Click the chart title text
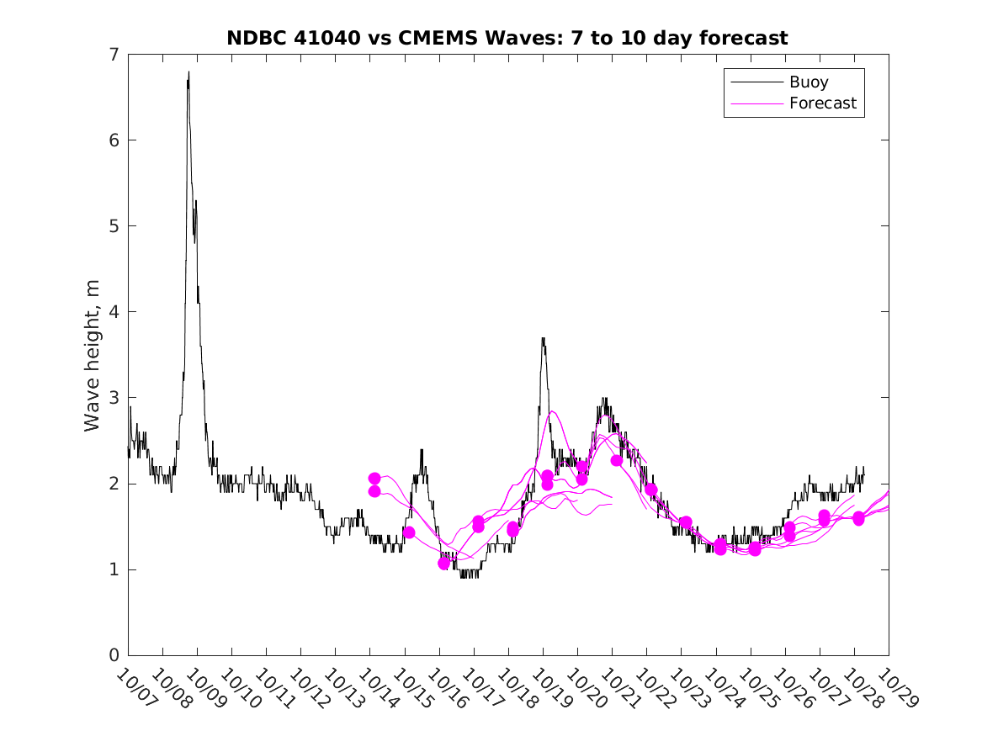(x=507, y=38)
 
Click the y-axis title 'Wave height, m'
(x=93, y=356)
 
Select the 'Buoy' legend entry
(x=808, y=82)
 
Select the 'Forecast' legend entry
(x=822, y=103)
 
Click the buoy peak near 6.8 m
(x=188, y=73)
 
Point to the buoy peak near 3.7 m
(x=544, y=339)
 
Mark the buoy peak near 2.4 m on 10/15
(x=422, y=451)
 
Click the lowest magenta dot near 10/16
(x=444, y=564)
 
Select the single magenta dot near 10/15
(x=409, y=532)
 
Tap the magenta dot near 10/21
(x=617, y=460)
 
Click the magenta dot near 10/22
(x=650, y=490)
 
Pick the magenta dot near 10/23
(x=686, y=522)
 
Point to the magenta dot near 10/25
(x=755, y=548)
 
